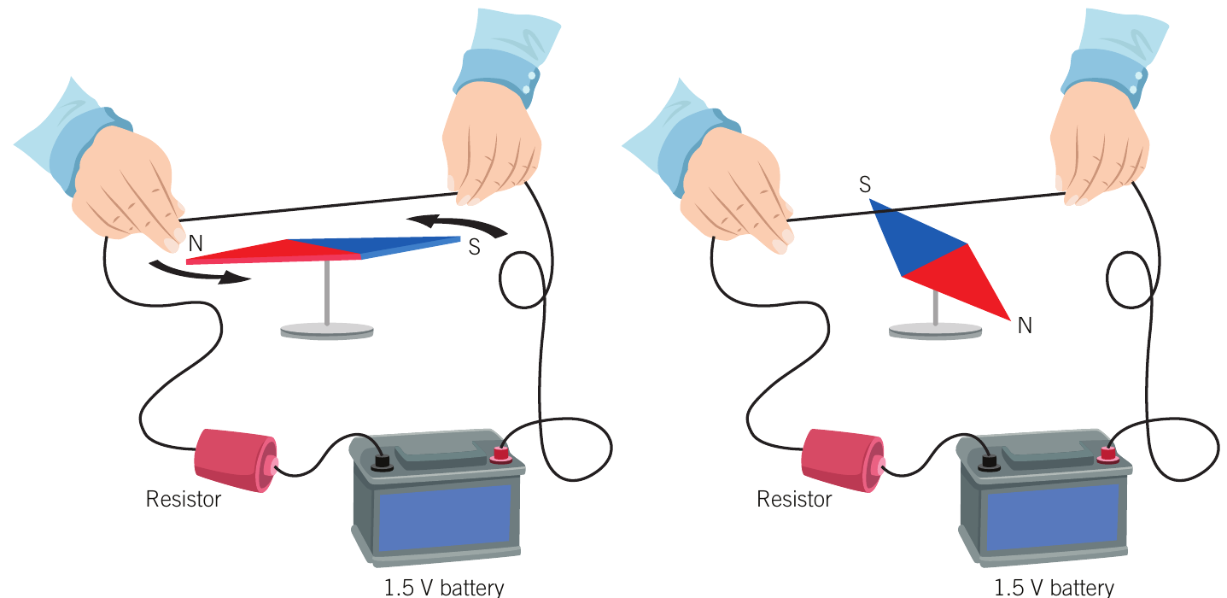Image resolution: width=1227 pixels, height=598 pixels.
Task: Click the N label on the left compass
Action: tap(196, 243)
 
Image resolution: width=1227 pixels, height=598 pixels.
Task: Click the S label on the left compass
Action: tap(475, 247)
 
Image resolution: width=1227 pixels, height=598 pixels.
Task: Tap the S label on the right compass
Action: tap(865, 185)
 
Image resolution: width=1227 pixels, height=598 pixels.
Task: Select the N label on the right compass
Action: tap(1025, 325)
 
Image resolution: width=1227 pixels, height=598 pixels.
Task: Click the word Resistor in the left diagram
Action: tap(184, 500)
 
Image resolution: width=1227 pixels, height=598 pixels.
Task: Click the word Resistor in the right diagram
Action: tap(794, 500)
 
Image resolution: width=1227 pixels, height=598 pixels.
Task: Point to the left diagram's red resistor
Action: tap(236, 460)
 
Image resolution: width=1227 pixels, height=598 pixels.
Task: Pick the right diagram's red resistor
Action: tap(843, 460)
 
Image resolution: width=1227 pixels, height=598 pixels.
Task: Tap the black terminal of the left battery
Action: tap(382, 463)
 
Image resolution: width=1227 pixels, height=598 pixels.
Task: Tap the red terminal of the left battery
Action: tap(500, 455)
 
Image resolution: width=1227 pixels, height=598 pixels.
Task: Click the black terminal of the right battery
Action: tap(989, 463)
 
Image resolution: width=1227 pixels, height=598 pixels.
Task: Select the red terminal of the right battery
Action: tap(1107, 455)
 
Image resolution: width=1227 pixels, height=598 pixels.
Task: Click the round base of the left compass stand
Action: tap(327, 331)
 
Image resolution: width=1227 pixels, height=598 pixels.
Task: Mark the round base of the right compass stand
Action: tap(935, 331)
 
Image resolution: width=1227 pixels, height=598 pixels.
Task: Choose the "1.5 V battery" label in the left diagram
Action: tap(444, 588)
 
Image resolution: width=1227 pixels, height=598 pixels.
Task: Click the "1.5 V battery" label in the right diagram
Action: tap(1054, 588)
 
